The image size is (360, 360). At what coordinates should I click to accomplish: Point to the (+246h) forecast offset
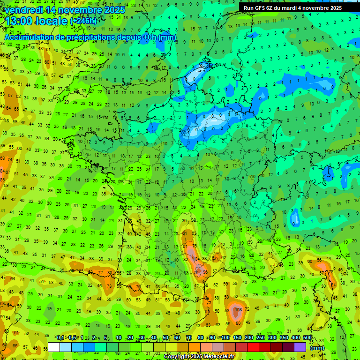[x=83, y=21]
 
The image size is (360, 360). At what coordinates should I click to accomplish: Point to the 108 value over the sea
[x=238, y=309]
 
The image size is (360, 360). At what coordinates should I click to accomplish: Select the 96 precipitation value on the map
[x=205, y=272]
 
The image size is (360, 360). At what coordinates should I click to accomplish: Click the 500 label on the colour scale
[x=307, y=338]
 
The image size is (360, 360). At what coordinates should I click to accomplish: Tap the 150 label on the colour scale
[x=237, y=338]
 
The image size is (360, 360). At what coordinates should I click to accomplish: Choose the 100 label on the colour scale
[x=225, y=338]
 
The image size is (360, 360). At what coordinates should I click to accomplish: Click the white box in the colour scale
[x=54, y=347]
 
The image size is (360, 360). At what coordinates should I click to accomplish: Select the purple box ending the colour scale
[x=300, y=347]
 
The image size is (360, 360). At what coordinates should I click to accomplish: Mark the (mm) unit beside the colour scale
[x=317, y=348]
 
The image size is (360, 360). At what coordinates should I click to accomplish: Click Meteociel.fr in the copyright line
[x=221, y=357]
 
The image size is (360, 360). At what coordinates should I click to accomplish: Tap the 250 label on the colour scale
[x=261, y=338]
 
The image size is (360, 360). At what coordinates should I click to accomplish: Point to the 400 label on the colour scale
[x=296, y=338]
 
